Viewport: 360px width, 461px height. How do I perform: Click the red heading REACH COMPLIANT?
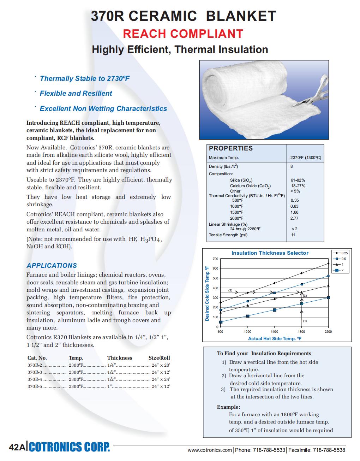(x=183, y=34)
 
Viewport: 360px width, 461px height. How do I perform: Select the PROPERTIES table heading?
(x=231, y=148)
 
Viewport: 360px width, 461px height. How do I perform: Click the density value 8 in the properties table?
(x=292, y=166)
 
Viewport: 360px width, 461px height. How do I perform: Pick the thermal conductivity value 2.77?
(x=294, y=218)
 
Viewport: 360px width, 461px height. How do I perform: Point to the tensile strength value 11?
(x=293, y=235)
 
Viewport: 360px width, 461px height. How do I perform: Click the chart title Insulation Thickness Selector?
(x=270, y=253)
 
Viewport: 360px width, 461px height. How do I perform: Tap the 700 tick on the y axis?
(x=215, y=259)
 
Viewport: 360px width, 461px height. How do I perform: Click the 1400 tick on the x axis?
(x=274, y=332)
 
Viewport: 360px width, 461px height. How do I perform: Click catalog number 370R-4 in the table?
(x=35, y=379)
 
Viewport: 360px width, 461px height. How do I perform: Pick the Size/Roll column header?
(x=159, y=358)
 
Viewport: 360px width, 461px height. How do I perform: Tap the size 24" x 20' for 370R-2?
(x=161, y=365)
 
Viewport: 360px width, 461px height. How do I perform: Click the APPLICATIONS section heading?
(x=52, y=266)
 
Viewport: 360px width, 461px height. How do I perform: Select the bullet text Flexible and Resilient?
(x=76, y=94)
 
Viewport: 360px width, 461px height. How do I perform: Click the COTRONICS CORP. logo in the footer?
(x=69, y=447)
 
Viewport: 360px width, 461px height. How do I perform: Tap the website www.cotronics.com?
(x=210, y=450)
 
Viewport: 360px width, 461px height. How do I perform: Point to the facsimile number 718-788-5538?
(x=329, y=450)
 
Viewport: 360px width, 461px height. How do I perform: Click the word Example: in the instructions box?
(x=228, y=407)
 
